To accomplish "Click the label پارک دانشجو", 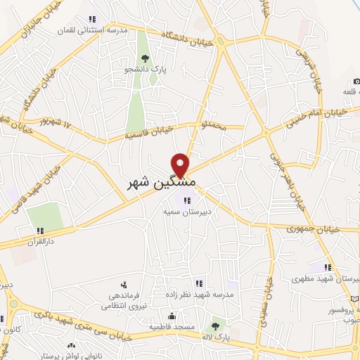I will [x=146, y=71].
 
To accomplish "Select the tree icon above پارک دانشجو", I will [x=146, y=59].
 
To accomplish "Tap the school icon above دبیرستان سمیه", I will [x=186, y=200].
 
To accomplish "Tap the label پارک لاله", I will [x=215, y=337].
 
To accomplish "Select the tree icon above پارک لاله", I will [x=215, y=325].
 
